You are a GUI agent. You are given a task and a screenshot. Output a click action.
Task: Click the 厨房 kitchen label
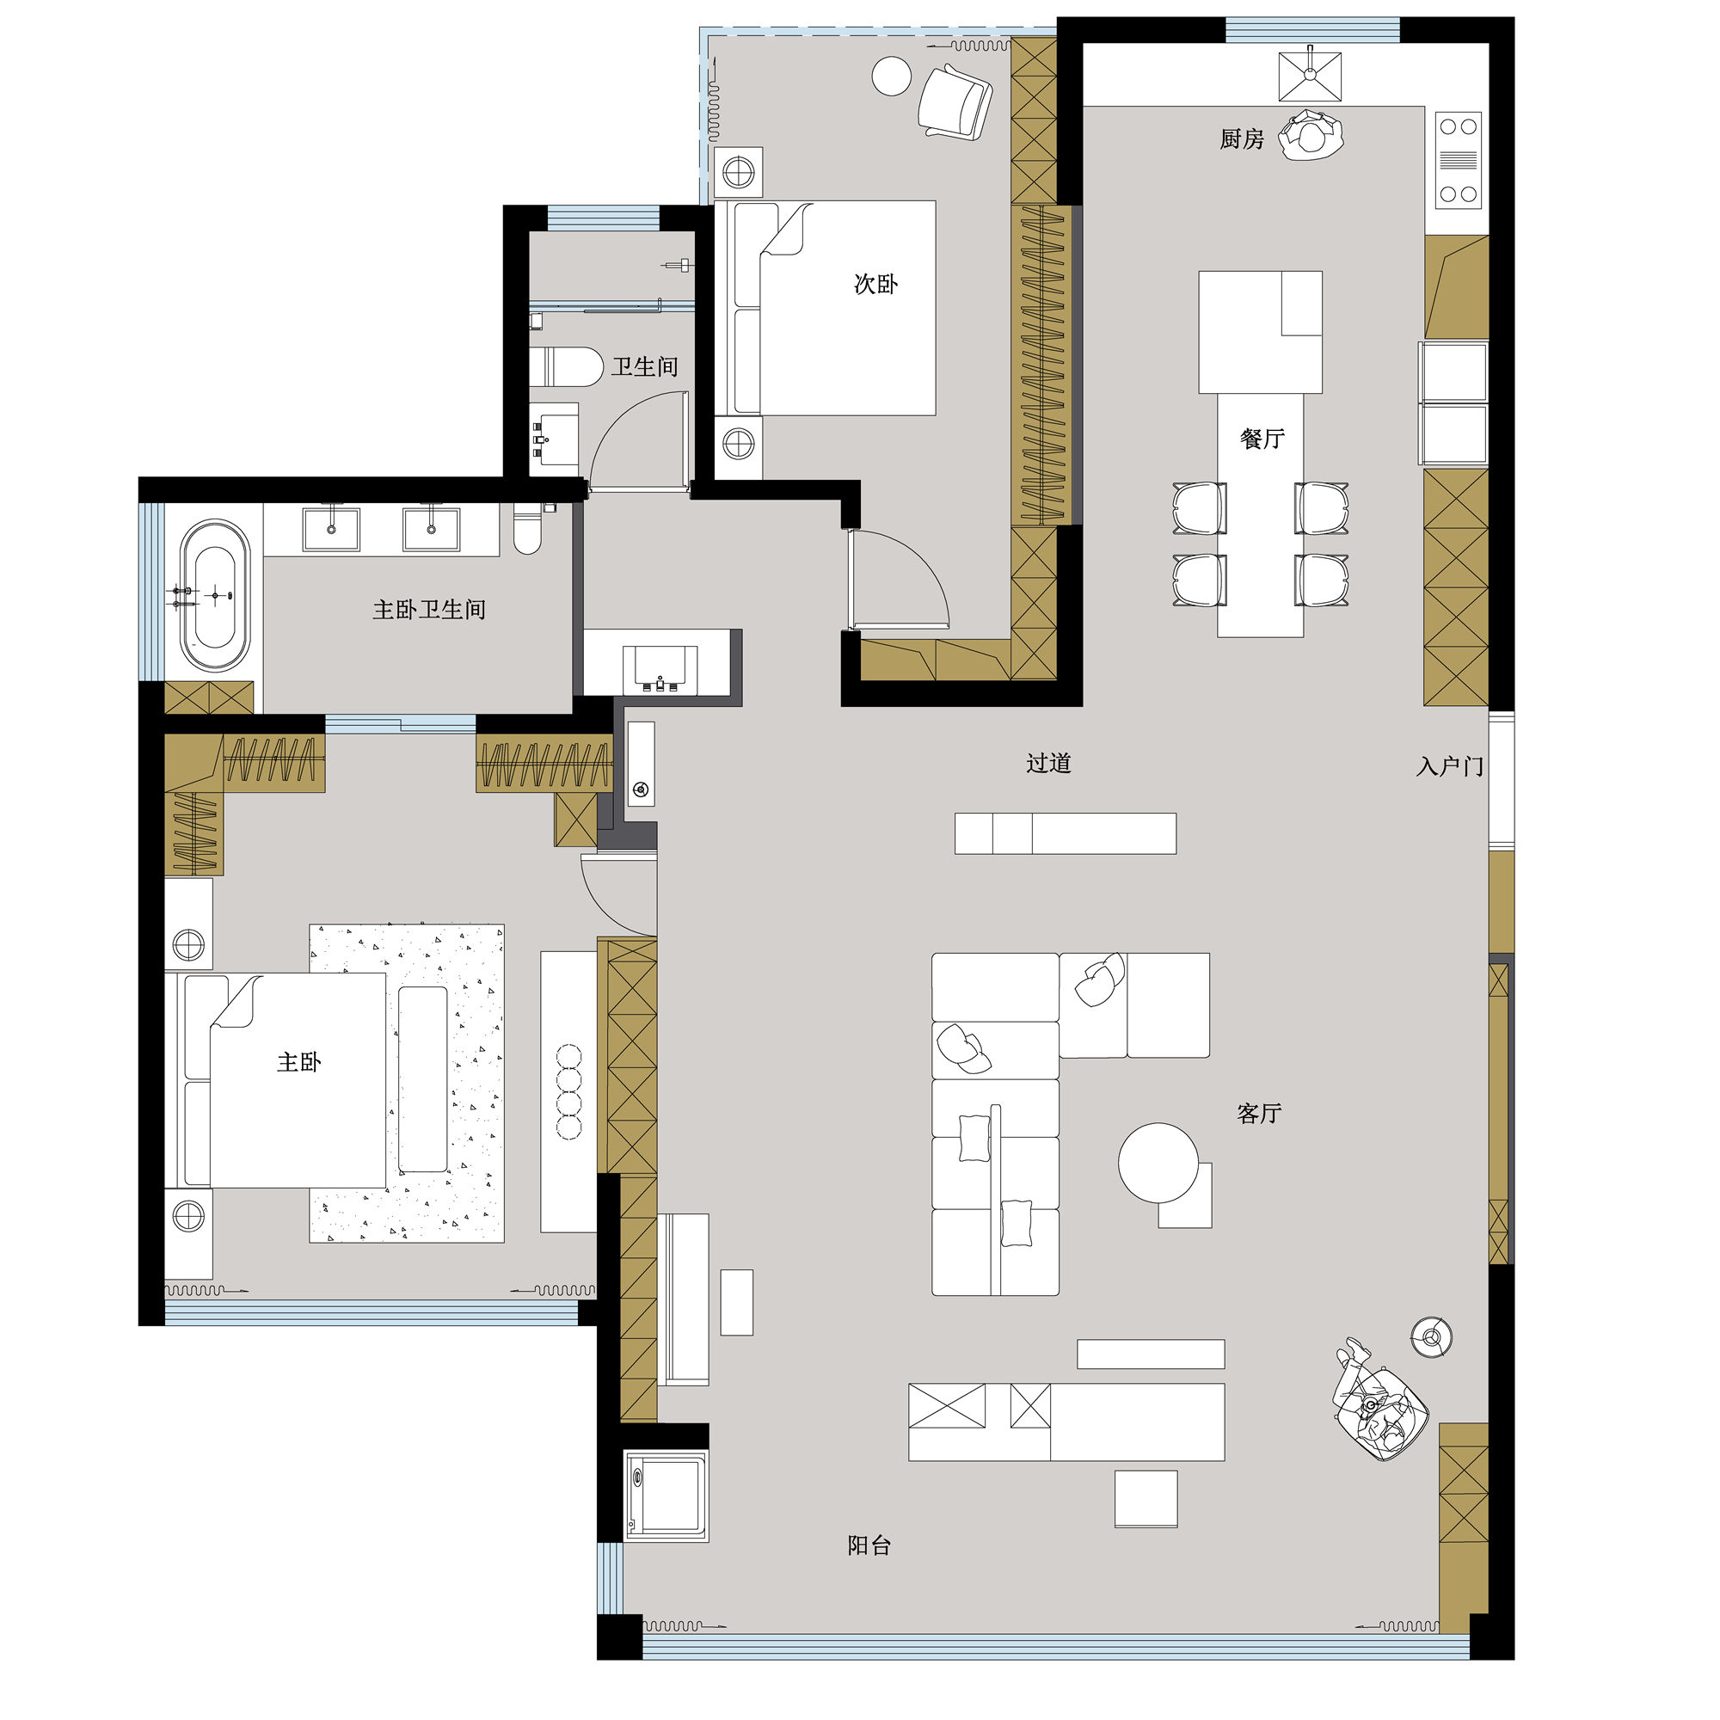tap(1241, 138)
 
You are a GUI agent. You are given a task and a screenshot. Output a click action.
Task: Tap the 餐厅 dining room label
tap(1262, 438)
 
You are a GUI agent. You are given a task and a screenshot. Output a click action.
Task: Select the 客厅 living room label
tap(1259, 1113)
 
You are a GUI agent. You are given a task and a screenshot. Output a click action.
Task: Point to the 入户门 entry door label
tap(1449, 766)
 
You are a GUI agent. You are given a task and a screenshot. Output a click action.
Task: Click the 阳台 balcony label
tap(869, 1546)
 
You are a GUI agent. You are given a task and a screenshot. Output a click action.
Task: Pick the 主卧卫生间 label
tap(429, 610)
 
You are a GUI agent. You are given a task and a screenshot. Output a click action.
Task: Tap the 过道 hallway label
tap(1047, 763)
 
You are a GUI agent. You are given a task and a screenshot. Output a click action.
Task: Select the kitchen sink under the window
tap(1310, 77)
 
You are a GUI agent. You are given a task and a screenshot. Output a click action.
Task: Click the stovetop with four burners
tap(1459, 159)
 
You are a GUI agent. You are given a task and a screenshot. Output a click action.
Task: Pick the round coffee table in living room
tap(1158, 1162)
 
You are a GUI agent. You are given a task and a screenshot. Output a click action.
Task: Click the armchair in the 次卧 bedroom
tap(955, 101)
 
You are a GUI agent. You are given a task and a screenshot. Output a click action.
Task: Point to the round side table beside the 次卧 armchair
tap(891, 76)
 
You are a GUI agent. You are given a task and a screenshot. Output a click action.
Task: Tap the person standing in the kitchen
tap(1311, 135)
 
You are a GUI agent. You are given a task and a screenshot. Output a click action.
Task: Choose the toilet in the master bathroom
tap(528, 529)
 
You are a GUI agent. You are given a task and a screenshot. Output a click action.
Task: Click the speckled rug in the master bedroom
tap(407, 1084)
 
